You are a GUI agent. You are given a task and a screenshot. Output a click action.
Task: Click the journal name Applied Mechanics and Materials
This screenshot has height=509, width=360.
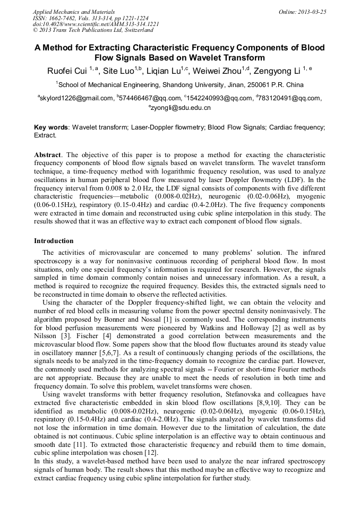click(x=73, y=12)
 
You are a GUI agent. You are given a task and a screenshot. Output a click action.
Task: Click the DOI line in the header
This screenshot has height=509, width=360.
click(x=96, y=24)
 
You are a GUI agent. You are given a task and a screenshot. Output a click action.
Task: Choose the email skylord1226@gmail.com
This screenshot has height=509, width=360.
click(x=76, y=98)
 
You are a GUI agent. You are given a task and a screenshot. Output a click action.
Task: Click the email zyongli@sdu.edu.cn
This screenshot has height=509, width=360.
click(x=181, y=108)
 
